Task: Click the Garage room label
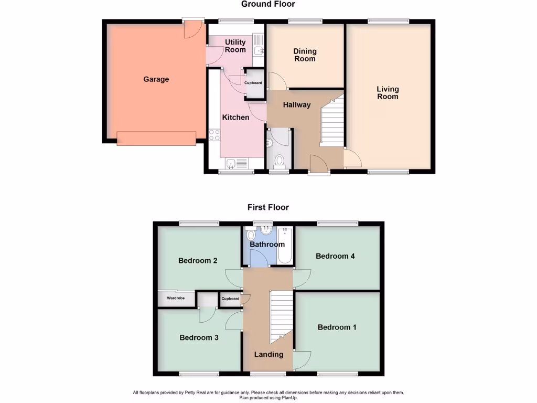pos(156,79)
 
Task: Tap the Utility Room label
pos(235,46)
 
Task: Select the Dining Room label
pos(305,55)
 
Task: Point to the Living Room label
pos(388,93)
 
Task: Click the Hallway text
pos(297,105)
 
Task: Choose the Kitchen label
pos(235,118)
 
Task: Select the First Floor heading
pos(268,207)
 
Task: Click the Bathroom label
pos(267,245)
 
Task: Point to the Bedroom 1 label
pos(337,327)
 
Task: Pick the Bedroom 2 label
pos(198,261)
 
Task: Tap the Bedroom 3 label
pos(199,338)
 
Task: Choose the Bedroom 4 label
pos(335,256)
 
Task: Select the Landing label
pos(268,355)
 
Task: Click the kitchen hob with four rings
pos(214,135)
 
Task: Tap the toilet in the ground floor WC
pos(279,160)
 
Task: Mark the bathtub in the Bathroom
pos(285,245)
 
